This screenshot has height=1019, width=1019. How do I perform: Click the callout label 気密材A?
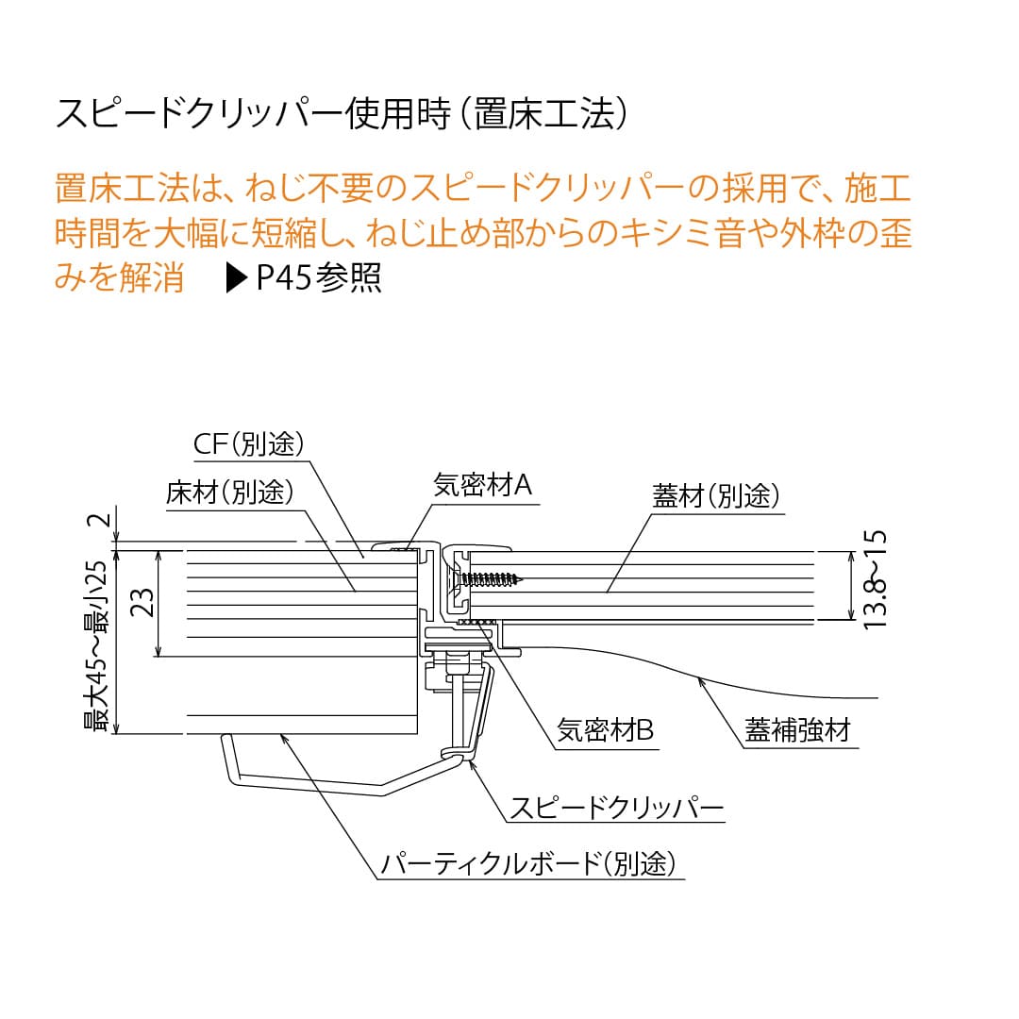(482, 485)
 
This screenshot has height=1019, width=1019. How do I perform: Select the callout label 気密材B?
(605, 729)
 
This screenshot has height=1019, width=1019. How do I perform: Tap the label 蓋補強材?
(797, 729)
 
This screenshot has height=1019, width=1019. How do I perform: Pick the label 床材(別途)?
(229, 493)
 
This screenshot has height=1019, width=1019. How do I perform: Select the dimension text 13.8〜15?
(875, 579)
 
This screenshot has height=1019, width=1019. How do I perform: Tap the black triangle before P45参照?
(236, 278)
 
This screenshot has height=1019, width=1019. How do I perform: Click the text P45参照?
(319, 278)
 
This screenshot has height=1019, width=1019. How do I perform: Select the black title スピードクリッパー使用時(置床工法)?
(342, 114)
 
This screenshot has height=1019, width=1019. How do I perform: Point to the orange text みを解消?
(119, 278)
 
